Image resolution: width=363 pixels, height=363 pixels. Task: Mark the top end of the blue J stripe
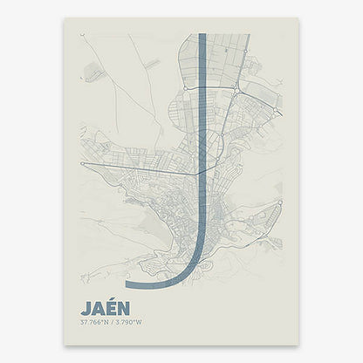coord(202,36)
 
